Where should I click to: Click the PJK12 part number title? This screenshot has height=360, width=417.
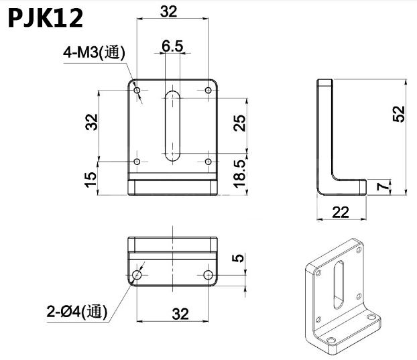click(x=46, y=18)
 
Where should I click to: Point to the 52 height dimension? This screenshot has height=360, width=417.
click(x=398, y=115)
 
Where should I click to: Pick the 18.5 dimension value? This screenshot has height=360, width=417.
click(x=239, y=173)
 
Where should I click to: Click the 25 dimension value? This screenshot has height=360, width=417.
click(x=239, y=122)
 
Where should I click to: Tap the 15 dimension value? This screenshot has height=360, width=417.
click(x=92, y=178)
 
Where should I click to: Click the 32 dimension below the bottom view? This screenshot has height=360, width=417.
click(x=180, y=313)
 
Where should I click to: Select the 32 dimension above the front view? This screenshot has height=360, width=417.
click(x=169, y=11)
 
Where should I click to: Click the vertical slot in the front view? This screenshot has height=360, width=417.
click(x=173, y=124)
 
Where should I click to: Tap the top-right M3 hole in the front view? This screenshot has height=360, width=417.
click(x=208, y=90)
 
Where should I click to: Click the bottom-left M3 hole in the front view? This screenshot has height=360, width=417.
click(x=137, y=162)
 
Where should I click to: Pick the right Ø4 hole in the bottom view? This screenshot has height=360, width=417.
click(x=208, y=275)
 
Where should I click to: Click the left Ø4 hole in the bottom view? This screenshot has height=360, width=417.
click(x=137, y=275)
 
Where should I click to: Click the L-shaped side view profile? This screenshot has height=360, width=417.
click(x=326, y=137)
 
